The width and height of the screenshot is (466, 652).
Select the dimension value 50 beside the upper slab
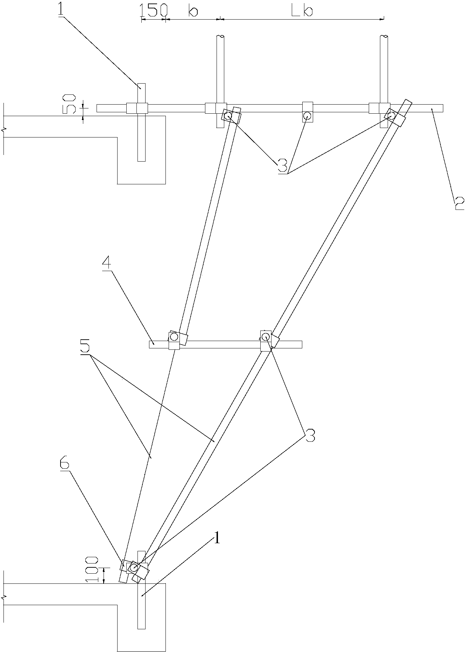(69, 104)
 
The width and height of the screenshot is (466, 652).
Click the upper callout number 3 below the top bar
(283, 166)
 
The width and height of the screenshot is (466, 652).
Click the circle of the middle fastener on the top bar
(307, 115)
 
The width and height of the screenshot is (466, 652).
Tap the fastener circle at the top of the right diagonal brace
(390, 115)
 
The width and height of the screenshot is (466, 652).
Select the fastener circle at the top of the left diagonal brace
(228, 115)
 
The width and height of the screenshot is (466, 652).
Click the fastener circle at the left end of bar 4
(174, 337)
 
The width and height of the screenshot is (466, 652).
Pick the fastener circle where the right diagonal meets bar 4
(265, 336)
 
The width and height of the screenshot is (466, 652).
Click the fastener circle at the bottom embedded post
(134, 567)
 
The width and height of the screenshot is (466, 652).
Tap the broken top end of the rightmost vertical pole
(384, 36)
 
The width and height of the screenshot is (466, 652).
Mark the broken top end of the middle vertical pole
(220, 36)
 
